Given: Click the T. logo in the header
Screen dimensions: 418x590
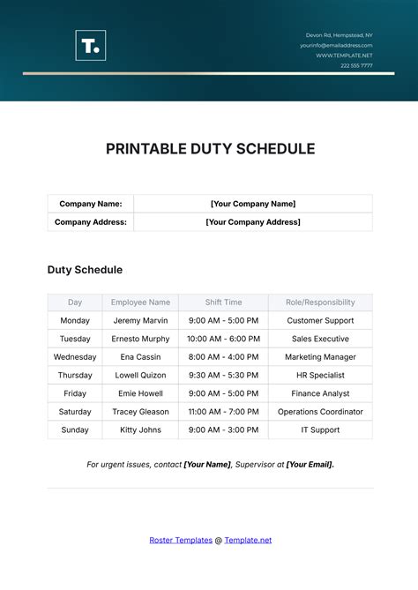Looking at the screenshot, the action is pos(90,45).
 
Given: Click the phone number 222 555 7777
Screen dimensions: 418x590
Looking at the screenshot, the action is pos(356,65).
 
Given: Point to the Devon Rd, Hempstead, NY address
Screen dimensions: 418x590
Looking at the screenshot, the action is pos(339,34).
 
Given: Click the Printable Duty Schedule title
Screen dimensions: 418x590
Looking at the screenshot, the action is pos(210,149).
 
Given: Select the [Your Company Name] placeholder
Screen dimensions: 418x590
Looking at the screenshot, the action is pos(253,204).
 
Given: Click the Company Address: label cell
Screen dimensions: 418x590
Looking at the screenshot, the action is pos(91,222).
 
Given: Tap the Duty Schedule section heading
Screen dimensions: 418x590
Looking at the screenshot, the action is pos(85,270).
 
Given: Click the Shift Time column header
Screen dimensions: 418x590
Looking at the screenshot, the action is pos(223,302).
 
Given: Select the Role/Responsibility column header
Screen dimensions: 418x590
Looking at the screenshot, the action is pos(320,302).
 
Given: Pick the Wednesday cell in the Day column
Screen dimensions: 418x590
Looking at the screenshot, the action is pos(75,357).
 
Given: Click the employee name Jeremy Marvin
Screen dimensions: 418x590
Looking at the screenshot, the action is pos(141,321).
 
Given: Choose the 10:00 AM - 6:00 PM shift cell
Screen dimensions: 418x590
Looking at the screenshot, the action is pos(223,339).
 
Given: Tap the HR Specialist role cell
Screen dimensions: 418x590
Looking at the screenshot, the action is pos(320,376).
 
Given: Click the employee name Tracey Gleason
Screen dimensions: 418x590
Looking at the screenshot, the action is pos(141,412).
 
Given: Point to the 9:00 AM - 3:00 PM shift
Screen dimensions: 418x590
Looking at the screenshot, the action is pos(223,430).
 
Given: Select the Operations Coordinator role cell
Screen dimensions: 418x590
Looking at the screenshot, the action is pos(320,412).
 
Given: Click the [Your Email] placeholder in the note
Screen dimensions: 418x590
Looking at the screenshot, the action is pos(310,464).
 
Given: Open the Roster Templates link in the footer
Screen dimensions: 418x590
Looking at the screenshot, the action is pos(180,540).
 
